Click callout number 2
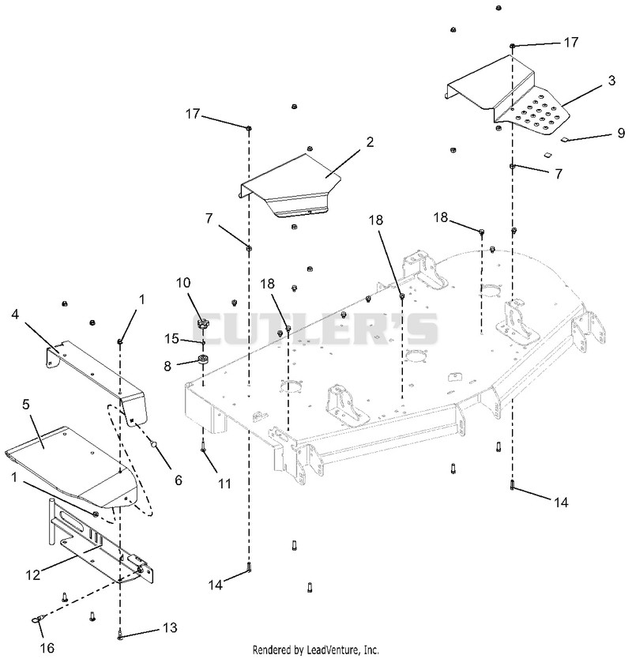[x=370, y=142]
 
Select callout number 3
[x=611, y=81]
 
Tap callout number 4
[x=15, y=314]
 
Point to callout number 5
[x=26, y=405]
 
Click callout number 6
[x=179, y=480]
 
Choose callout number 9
[x=622, y=133]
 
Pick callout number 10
[x=183, y=283]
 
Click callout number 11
[x=225, y=484]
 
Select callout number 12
[x=32, y=574]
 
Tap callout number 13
[x=170, y=627]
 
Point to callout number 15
[x=171, y=338]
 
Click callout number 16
[x=47, y=648]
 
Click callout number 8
[x=167, y=366]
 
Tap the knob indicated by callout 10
[x=203, y=324]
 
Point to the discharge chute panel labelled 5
[x=71, y=462]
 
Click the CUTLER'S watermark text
[x=315, y=329]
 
